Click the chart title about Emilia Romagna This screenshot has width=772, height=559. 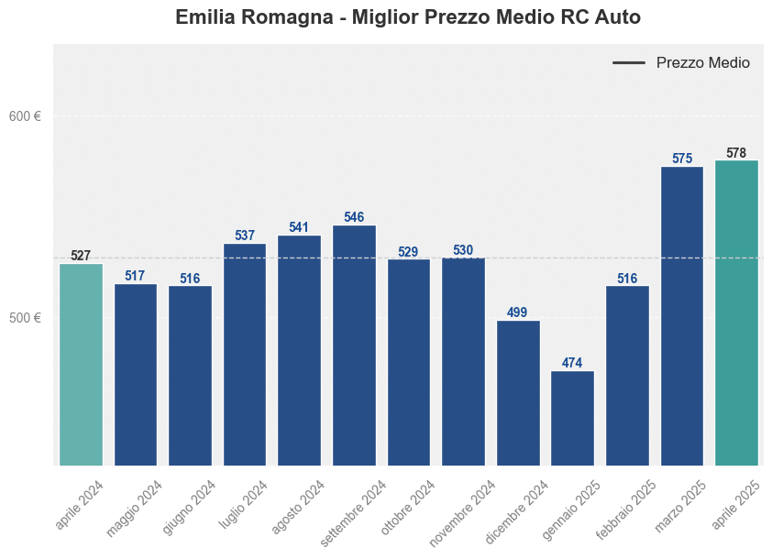point(407,17)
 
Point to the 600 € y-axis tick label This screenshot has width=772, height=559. point(26,116)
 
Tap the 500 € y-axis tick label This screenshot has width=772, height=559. point(26,318)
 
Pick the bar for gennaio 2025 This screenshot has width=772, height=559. point(572,418)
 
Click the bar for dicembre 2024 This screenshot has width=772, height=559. point(518,393)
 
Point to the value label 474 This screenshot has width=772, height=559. point(572,363)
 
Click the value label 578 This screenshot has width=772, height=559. point(736,153)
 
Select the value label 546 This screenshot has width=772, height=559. point(354,217)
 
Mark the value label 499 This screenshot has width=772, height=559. point(518,312)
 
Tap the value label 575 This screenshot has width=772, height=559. point(681,159)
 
